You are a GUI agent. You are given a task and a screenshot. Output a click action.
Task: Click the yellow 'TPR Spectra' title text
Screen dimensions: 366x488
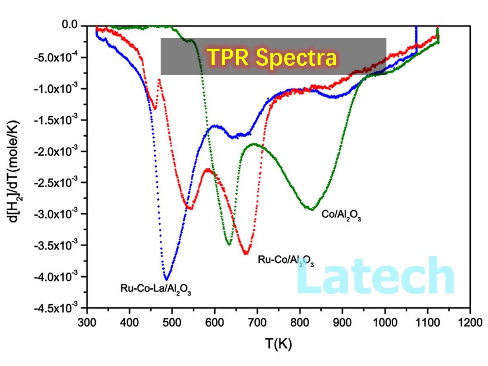point(271,57)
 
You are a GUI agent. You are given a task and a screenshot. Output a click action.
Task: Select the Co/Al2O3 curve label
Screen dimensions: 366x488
point(341,216)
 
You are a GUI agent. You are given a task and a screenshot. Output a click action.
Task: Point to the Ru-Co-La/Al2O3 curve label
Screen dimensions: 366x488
point(156,288)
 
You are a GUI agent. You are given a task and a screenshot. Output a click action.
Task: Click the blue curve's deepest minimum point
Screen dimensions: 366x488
point(166,279)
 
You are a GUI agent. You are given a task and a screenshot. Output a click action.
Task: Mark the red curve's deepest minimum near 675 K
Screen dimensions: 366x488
point(246,253)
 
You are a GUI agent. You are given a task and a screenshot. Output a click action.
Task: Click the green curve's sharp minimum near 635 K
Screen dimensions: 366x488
point(229,244)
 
